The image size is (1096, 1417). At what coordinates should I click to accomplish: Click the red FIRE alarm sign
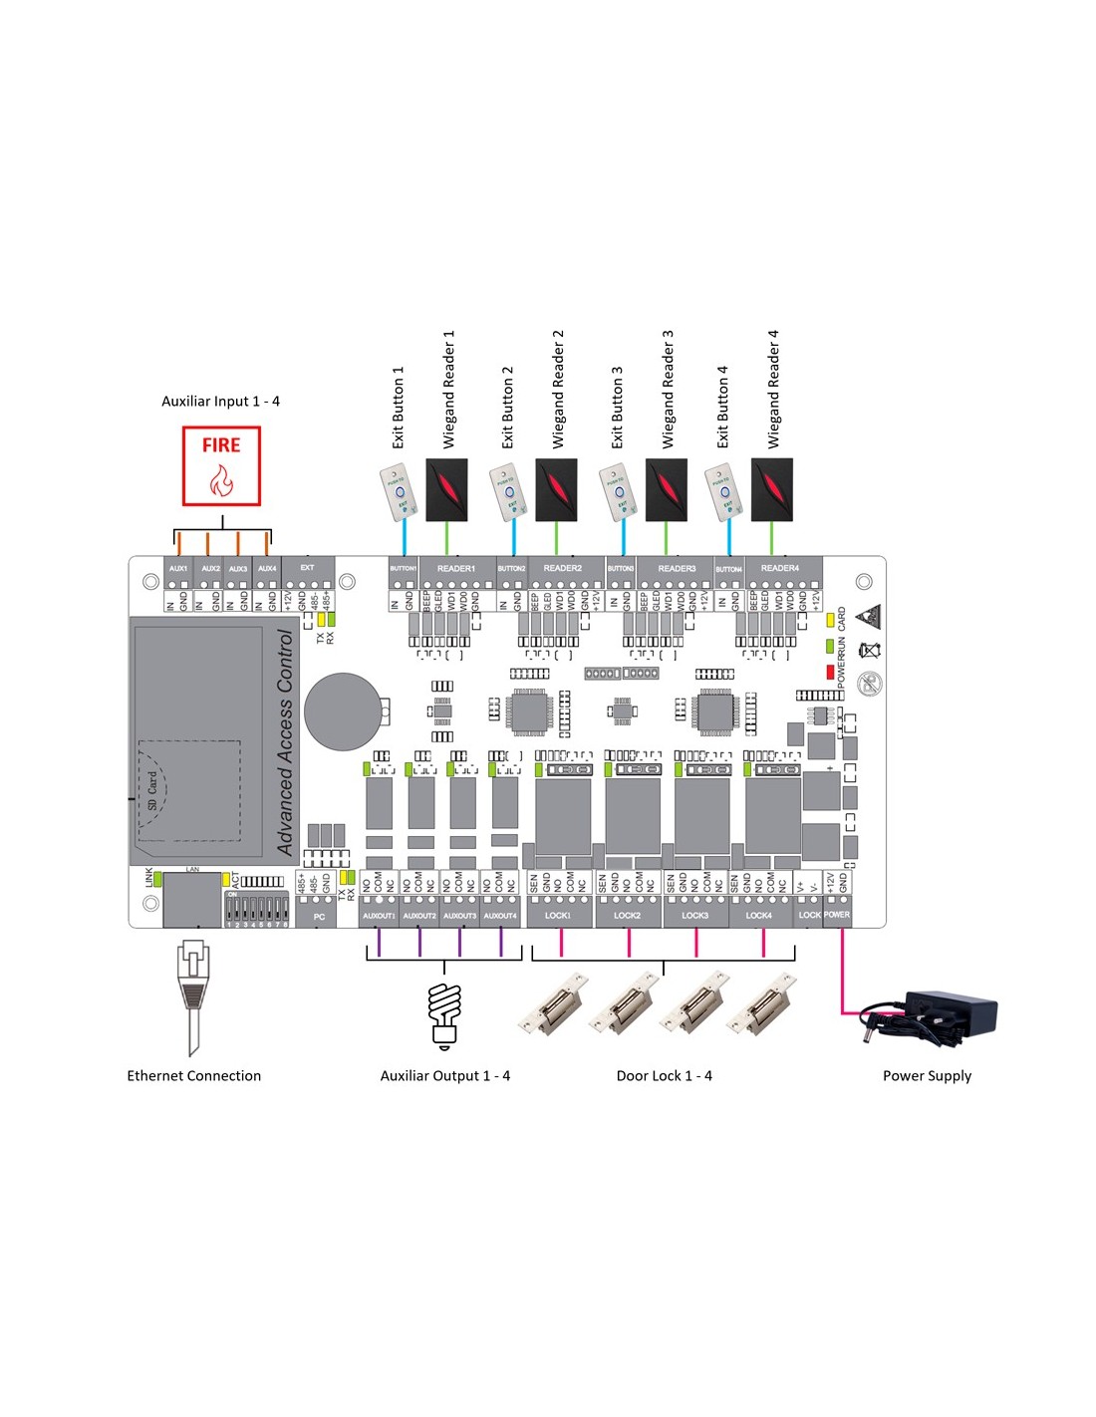[x=221, y=465]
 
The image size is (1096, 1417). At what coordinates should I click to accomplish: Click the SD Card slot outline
[x=189, y=790]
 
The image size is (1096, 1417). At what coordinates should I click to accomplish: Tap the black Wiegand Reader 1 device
[x=446, y=489]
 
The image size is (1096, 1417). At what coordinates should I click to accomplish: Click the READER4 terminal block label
[x=779, y=569]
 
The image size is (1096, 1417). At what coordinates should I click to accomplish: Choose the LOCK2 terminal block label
[x=627, y=915]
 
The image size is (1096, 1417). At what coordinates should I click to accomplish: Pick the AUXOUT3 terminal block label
[x=459, y=915]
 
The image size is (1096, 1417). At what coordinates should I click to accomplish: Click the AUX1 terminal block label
[x=178, y=569]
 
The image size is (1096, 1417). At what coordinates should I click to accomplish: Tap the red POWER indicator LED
[x=830, y=673]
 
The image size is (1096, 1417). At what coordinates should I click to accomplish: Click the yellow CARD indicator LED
[x=830, y=620]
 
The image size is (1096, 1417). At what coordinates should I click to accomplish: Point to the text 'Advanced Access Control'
[x=285, y=742]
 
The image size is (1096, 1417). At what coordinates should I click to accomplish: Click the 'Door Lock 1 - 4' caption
[x=664, y=1076]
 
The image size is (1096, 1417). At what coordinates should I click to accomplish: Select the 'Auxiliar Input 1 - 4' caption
[x=220, y=402]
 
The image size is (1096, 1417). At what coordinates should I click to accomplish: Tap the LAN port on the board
[x=191, y=899]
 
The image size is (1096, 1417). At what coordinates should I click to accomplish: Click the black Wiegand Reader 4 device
[x=772, y=489]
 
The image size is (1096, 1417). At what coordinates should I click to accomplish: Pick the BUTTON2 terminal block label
[x=511, y=569]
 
